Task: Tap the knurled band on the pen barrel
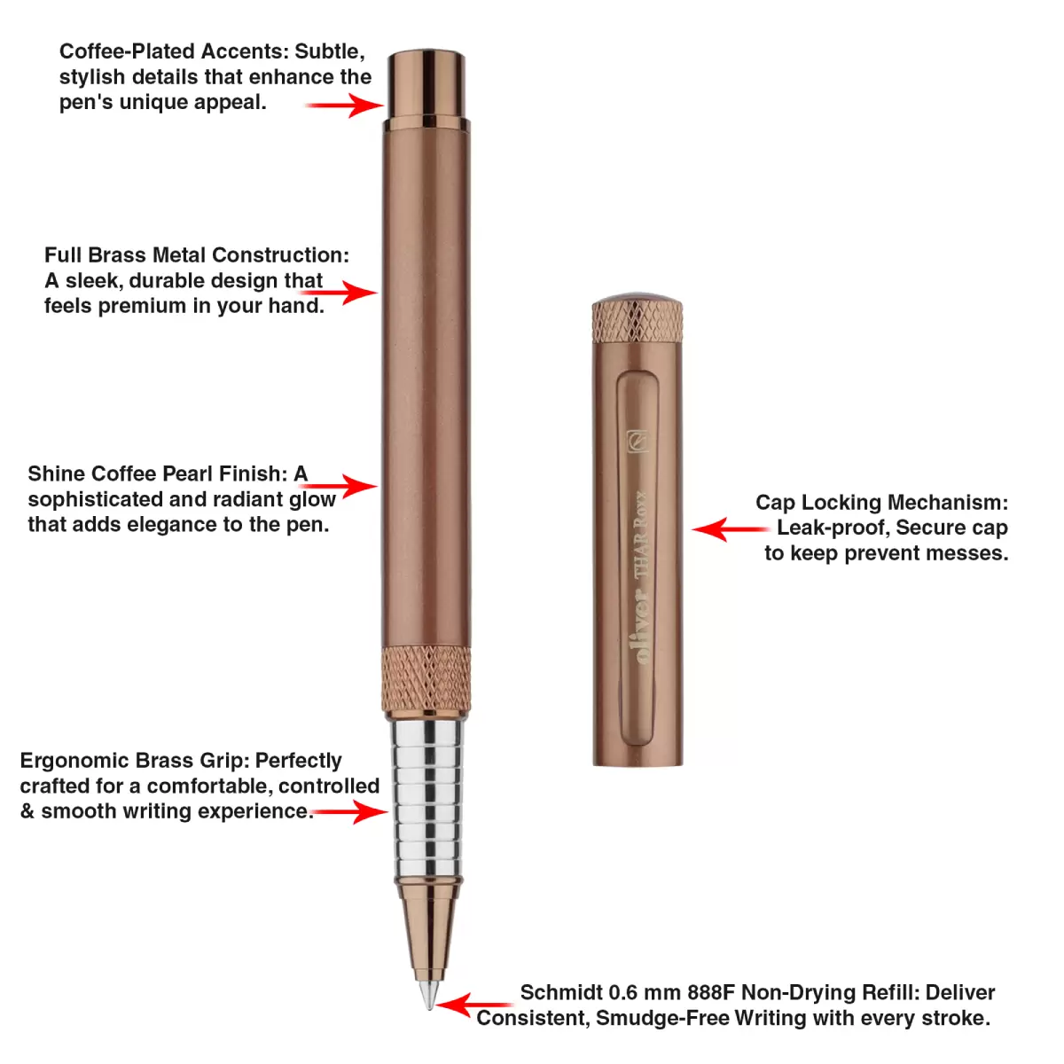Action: (426, 678)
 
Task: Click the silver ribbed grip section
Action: (427, 798)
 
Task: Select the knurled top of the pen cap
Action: (638, 319)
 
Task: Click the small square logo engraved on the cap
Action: (638, 442)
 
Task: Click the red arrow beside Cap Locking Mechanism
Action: (731, 529)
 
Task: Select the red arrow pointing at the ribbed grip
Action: (349, 811)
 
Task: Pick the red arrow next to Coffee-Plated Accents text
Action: (345, 105)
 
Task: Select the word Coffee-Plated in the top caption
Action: (127, 51)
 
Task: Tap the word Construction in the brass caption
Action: (280, 255)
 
